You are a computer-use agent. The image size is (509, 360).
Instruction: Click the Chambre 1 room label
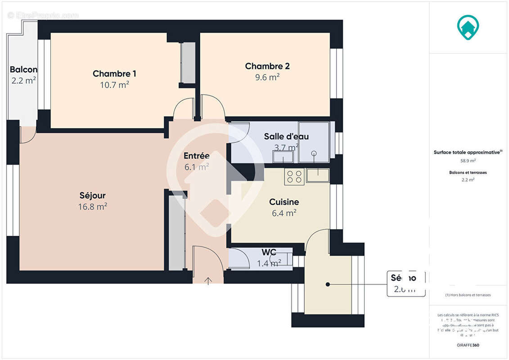tap(114, 73)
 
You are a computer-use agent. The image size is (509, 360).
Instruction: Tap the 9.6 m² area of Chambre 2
tap(267, 77)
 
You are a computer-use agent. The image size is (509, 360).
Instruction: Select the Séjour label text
tap(92, 195)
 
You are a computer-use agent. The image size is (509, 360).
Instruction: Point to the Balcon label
tap(23, 70)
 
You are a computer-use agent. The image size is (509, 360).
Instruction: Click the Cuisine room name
tap(284, 202)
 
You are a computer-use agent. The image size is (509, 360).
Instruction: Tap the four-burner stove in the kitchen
tap(294, 176)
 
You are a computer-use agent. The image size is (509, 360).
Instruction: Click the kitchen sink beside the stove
tap(319, 175)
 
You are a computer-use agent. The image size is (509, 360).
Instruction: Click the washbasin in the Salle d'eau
tap(283, 157)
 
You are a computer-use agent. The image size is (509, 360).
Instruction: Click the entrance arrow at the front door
tap(208, 281)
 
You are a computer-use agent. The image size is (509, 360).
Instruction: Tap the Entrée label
tap(197, 156)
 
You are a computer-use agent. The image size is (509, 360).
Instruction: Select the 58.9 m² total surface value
tap(468, 160)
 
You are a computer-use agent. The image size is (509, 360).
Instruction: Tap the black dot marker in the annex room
tap(328, 284)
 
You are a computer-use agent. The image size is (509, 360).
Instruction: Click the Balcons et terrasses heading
tap(468, 172)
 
